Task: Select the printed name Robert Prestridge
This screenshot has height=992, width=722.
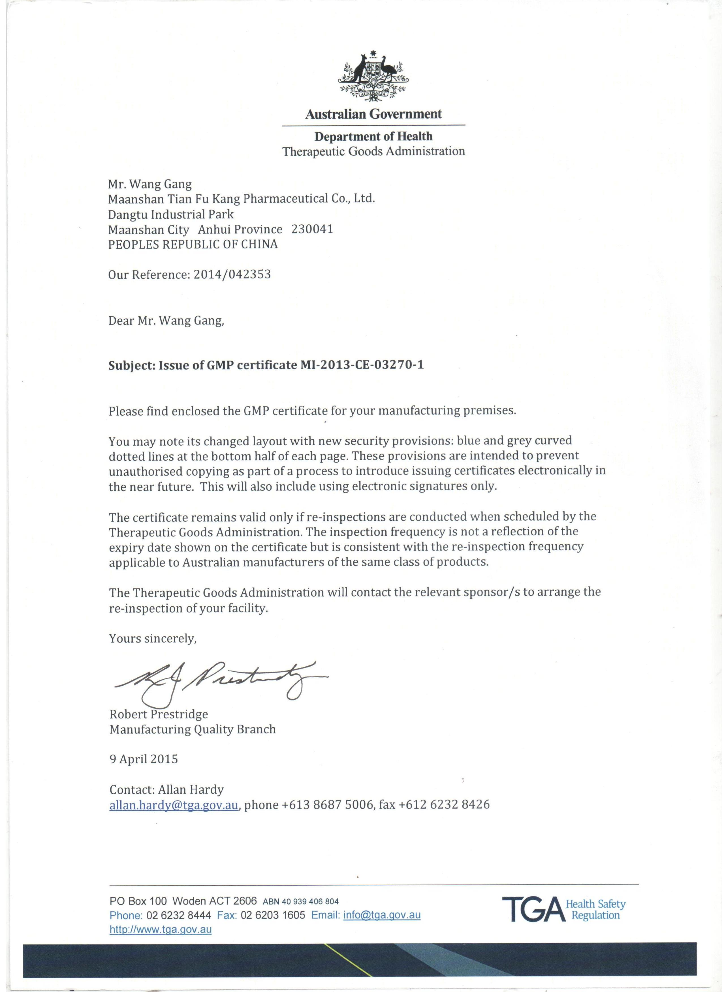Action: point(158,714)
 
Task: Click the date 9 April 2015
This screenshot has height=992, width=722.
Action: point(144,759)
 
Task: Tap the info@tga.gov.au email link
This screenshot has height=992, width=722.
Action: point(382,903)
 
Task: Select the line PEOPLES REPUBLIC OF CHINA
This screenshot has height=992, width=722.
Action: point(193,244)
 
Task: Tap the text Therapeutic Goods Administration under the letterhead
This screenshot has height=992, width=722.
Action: point(373,151)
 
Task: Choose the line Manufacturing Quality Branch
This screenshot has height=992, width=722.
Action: point(193,729)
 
